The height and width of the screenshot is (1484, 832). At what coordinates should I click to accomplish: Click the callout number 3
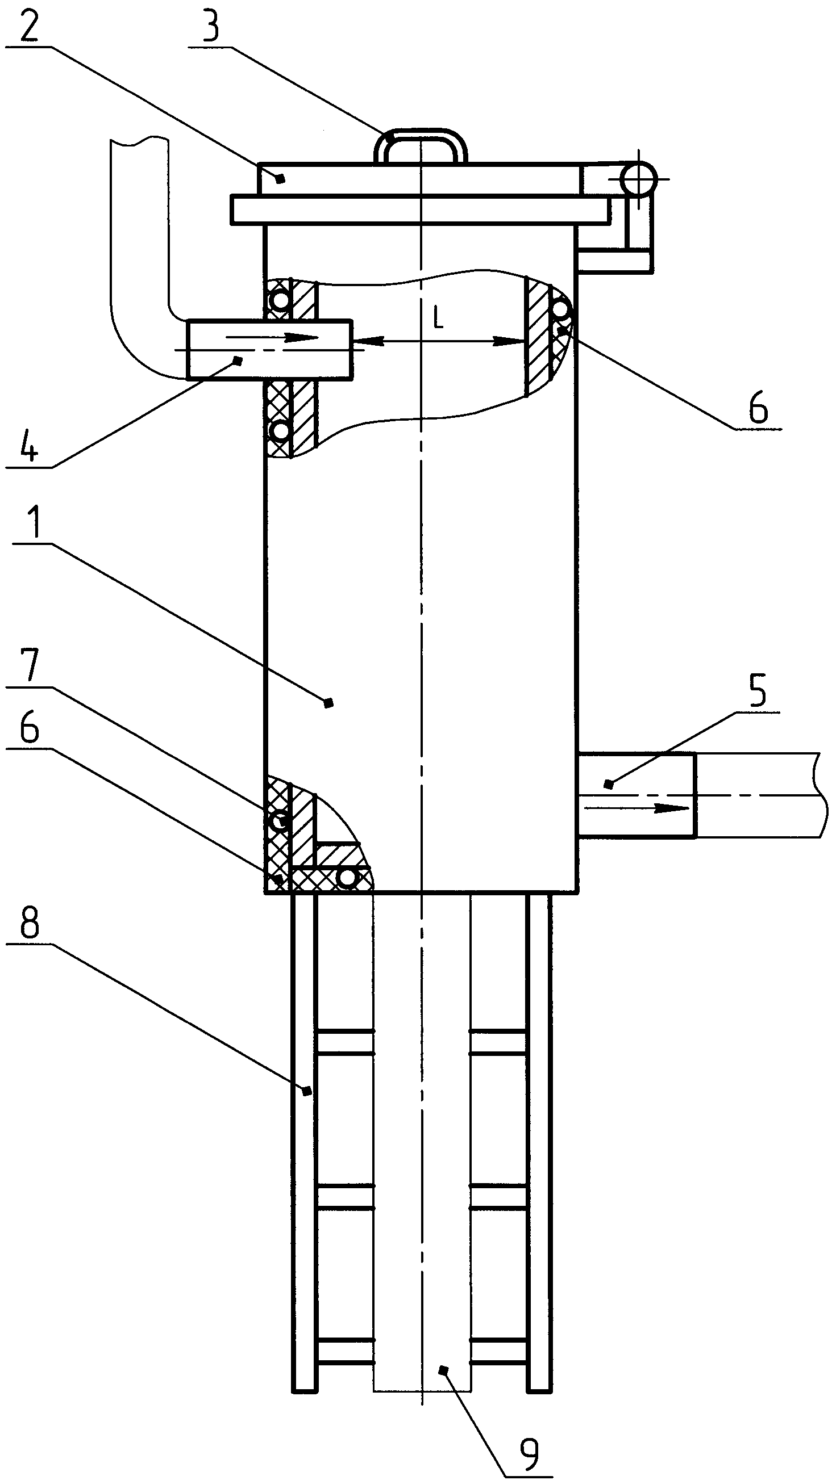[212, 24]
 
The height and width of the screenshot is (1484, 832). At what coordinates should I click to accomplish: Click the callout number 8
[29, 922]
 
